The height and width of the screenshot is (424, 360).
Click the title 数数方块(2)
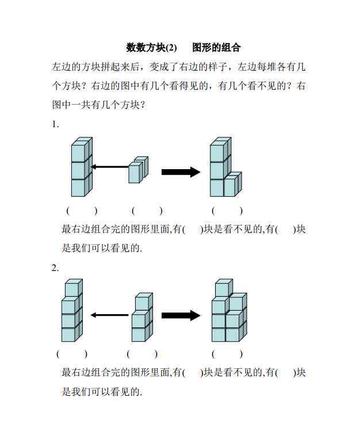coord(151,47)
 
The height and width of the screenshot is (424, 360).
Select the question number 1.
coord(55,124)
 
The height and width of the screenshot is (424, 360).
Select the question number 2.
coord(55,268)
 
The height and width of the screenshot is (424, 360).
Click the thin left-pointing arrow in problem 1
coord(109,167)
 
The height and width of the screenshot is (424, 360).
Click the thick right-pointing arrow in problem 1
coord(181,171)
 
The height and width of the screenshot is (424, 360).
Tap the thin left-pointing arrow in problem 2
coord(109,315)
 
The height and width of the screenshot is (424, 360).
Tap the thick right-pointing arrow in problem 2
coord(181,315)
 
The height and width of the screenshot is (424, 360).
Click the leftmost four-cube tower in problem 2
coord(71,312)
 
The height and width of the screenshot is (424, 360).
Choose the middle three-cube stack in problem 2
coord(142,319)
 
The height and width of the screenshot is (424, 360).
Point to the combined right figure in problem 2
coord(228,312)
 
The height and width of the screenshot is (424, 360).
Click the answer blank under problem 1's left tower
coord(82,211)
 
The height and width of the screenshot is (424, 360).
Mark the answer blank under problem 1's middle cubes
coord(147,211)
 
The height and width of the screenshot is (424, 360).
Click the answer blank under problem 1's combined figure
coord(227,211)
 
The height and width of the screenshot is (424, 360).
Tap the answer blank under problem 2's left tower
coord(72,353)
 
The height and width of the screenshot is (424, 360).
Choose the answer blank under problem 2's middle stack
coord(142,353)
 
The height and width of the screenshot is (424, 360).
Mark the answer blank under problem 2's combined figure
coord(227,353)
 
